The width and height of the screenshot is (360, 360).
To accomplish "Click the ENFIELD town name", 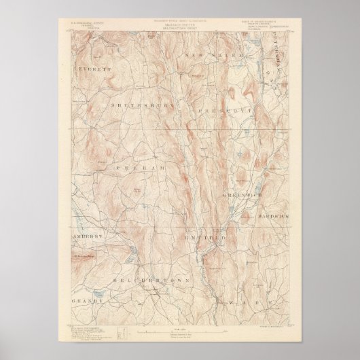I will click(205, 238).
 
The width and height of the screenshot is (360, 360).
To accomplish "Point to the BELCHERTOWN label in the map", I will click(145, 278).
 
